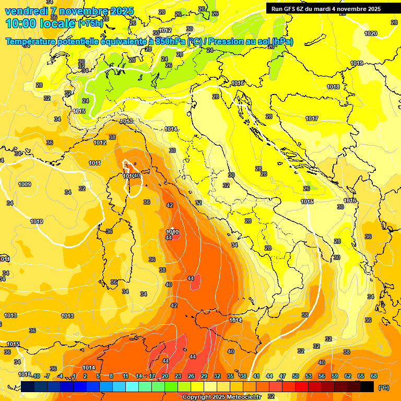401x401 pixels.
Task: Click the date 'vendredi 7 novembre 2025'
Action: [69, 11]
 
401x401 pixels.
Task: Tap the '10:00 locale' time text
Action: [41, 23]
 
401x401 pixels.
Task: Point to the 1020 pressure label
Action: [370, 33]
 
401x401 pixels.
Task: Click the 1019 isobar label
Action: [357, 63]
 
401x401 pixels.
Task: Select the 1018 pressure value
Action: [333, 87]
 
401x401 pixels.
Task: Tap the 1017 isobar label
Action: [312, 119]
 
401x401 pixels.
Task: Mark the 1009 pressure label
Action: [25, 184]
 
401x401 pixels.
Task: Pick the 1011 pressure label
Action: [95, 163]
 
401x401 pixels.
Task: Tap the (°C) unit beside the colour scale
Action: [383, 387]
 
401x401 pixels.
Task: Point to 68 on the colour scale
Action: [374, 376]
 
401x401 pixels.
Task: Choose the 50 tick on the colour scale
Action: [296, 376]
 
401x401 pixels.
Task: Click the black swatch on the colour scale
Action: [367, 386]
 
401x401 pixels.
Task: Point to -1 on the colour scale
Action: [74, 376]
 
